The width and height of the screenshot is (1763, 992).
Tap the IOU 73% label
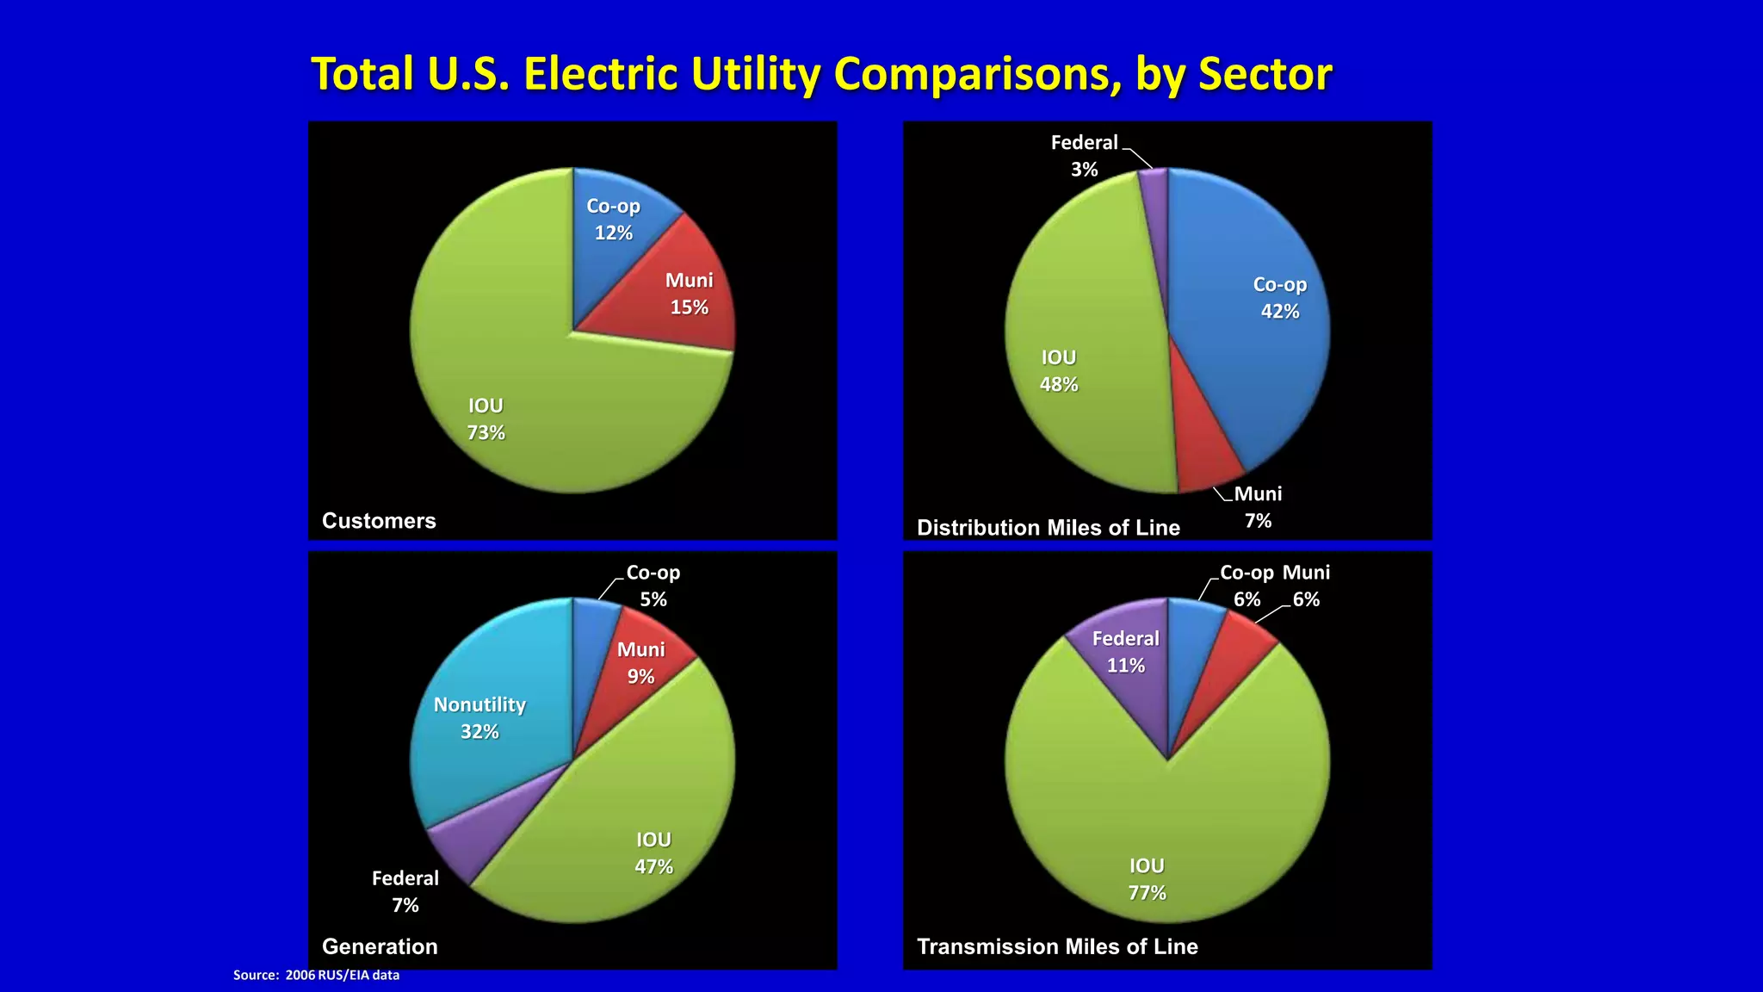pos(486,419)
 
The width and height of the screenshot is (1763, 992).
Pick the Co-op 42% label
pos(1279,298)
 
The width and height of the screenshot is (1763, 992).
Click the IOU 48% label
pos(1058,371)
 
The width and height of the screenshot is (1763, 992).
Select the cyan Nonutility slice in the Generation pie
pos(482,715)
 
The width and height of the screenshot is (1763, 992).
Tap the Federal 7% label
pos(405,891)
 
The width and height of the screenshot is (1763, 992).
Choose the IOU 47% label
pos(653,853)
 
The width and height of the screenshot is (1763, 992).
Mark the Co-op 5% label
pos(653,586)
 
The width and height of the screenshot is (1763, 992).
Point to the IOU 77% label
pos(1147,879)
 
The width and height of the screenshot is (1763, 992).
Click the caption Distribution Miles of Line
pos(1048,528)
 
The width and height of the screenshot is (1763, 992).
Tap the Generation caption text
pos(380,946)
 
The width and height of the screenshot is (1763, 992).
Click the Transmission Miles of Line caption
pos(1057,946)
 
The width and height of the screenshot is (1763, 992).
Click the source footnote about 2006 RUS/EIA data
pos(316,975)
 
